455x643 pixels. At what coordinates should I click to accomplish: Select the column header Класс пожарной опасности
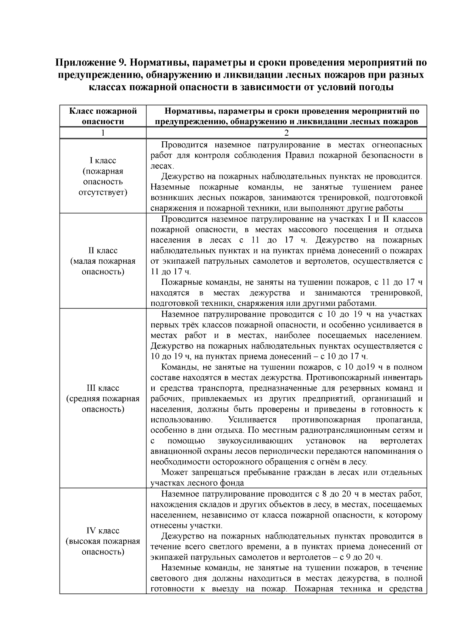click(x=103, y=116)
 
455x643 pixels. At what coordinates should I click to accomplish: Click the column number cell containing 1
click(x=103, y=133)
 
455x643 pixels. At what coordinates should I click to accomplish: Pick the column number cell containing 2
click(x=286, y=133)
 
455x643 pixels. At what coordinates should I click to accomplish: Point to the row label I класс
click(x=103, y=161)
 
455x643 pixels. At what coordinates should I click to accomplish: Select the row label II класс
click(x=103, y=250)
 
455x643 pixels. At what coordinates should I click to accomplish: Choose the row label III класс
click(x=103, y=388)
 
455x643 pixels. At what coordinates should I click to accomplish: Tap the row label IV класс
click(x=103, y=530)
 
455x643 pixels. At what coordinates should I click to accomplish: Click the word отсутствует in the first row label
click(x=103, y=192)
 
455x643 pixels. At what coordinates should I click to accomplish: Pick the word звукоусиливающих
click(x=255, y=441)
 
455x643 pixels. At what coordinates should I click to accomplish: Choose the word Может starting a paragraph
click(x=175, y=472)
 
